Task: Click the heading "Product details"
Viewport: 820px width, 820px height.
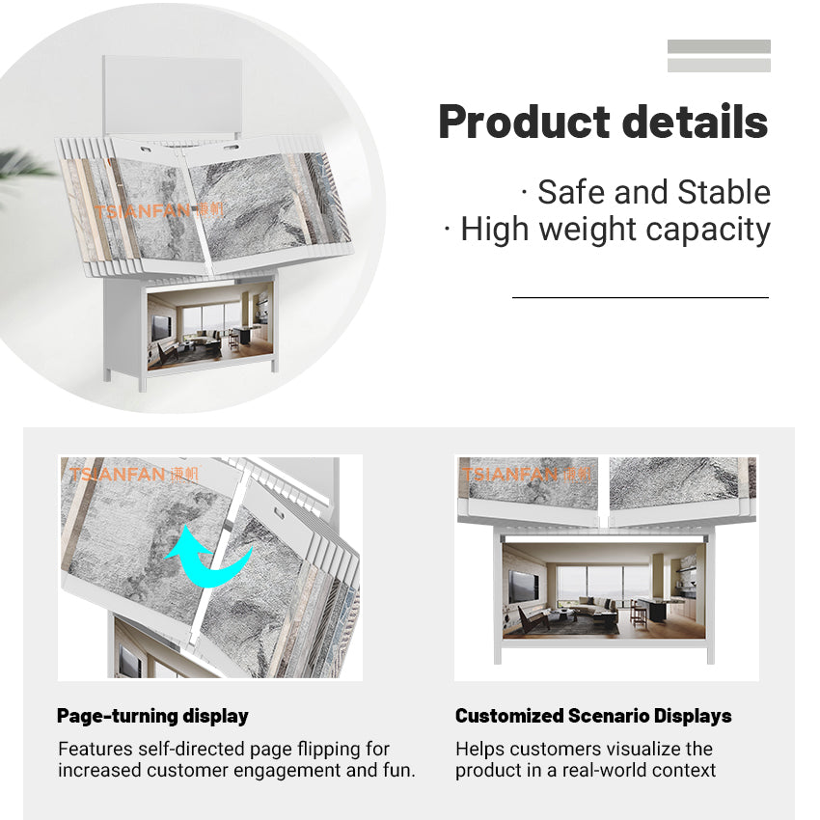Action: [603, 123]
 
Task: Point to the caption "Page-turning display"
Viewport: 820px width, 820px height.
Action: [152, 716]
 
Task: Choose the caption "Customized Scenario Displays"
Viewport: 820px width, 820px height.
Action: [593, 716]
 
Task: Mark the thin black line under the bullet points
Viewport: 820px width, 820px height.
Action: [640, 298]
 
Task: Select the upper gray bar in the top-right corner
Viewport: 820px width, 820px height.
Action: [719, 46]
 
